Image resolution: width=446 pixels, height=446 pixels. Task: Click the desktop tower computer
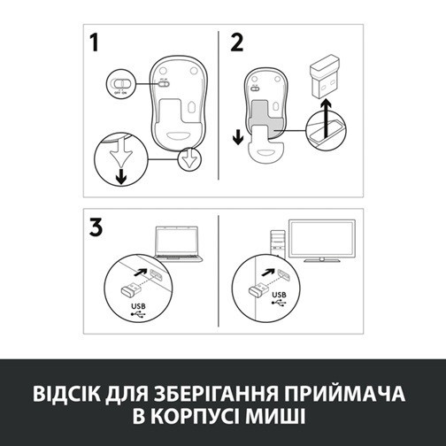[x=276, y=243]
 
